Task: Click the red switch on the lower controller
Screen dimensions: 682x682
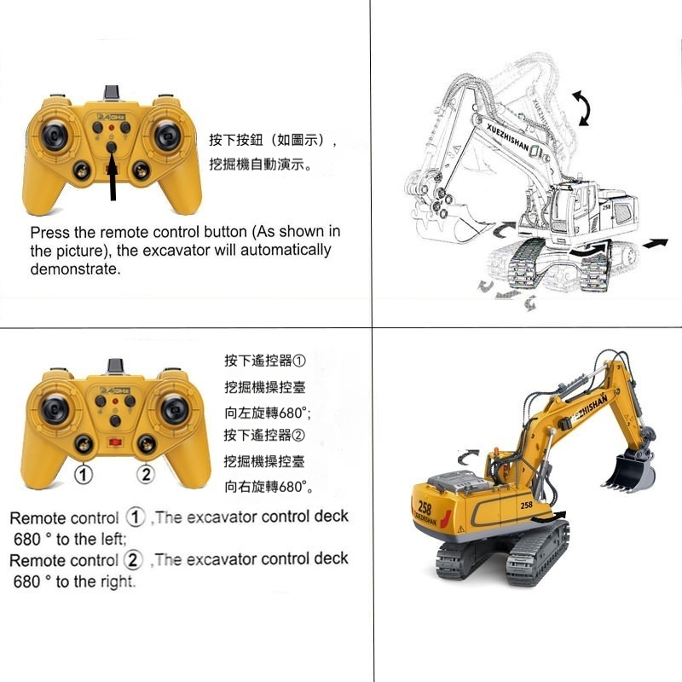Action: click(x=115, y=443)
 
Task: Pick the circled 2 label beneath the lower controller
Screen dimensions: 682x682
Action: click(x=147, y=475)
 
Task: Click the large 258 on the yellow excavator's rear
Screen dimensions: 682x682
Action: click(x=425, y=505)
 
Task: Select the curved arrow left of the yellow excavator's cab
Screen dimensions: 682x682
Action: click(x=468, y=457)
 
